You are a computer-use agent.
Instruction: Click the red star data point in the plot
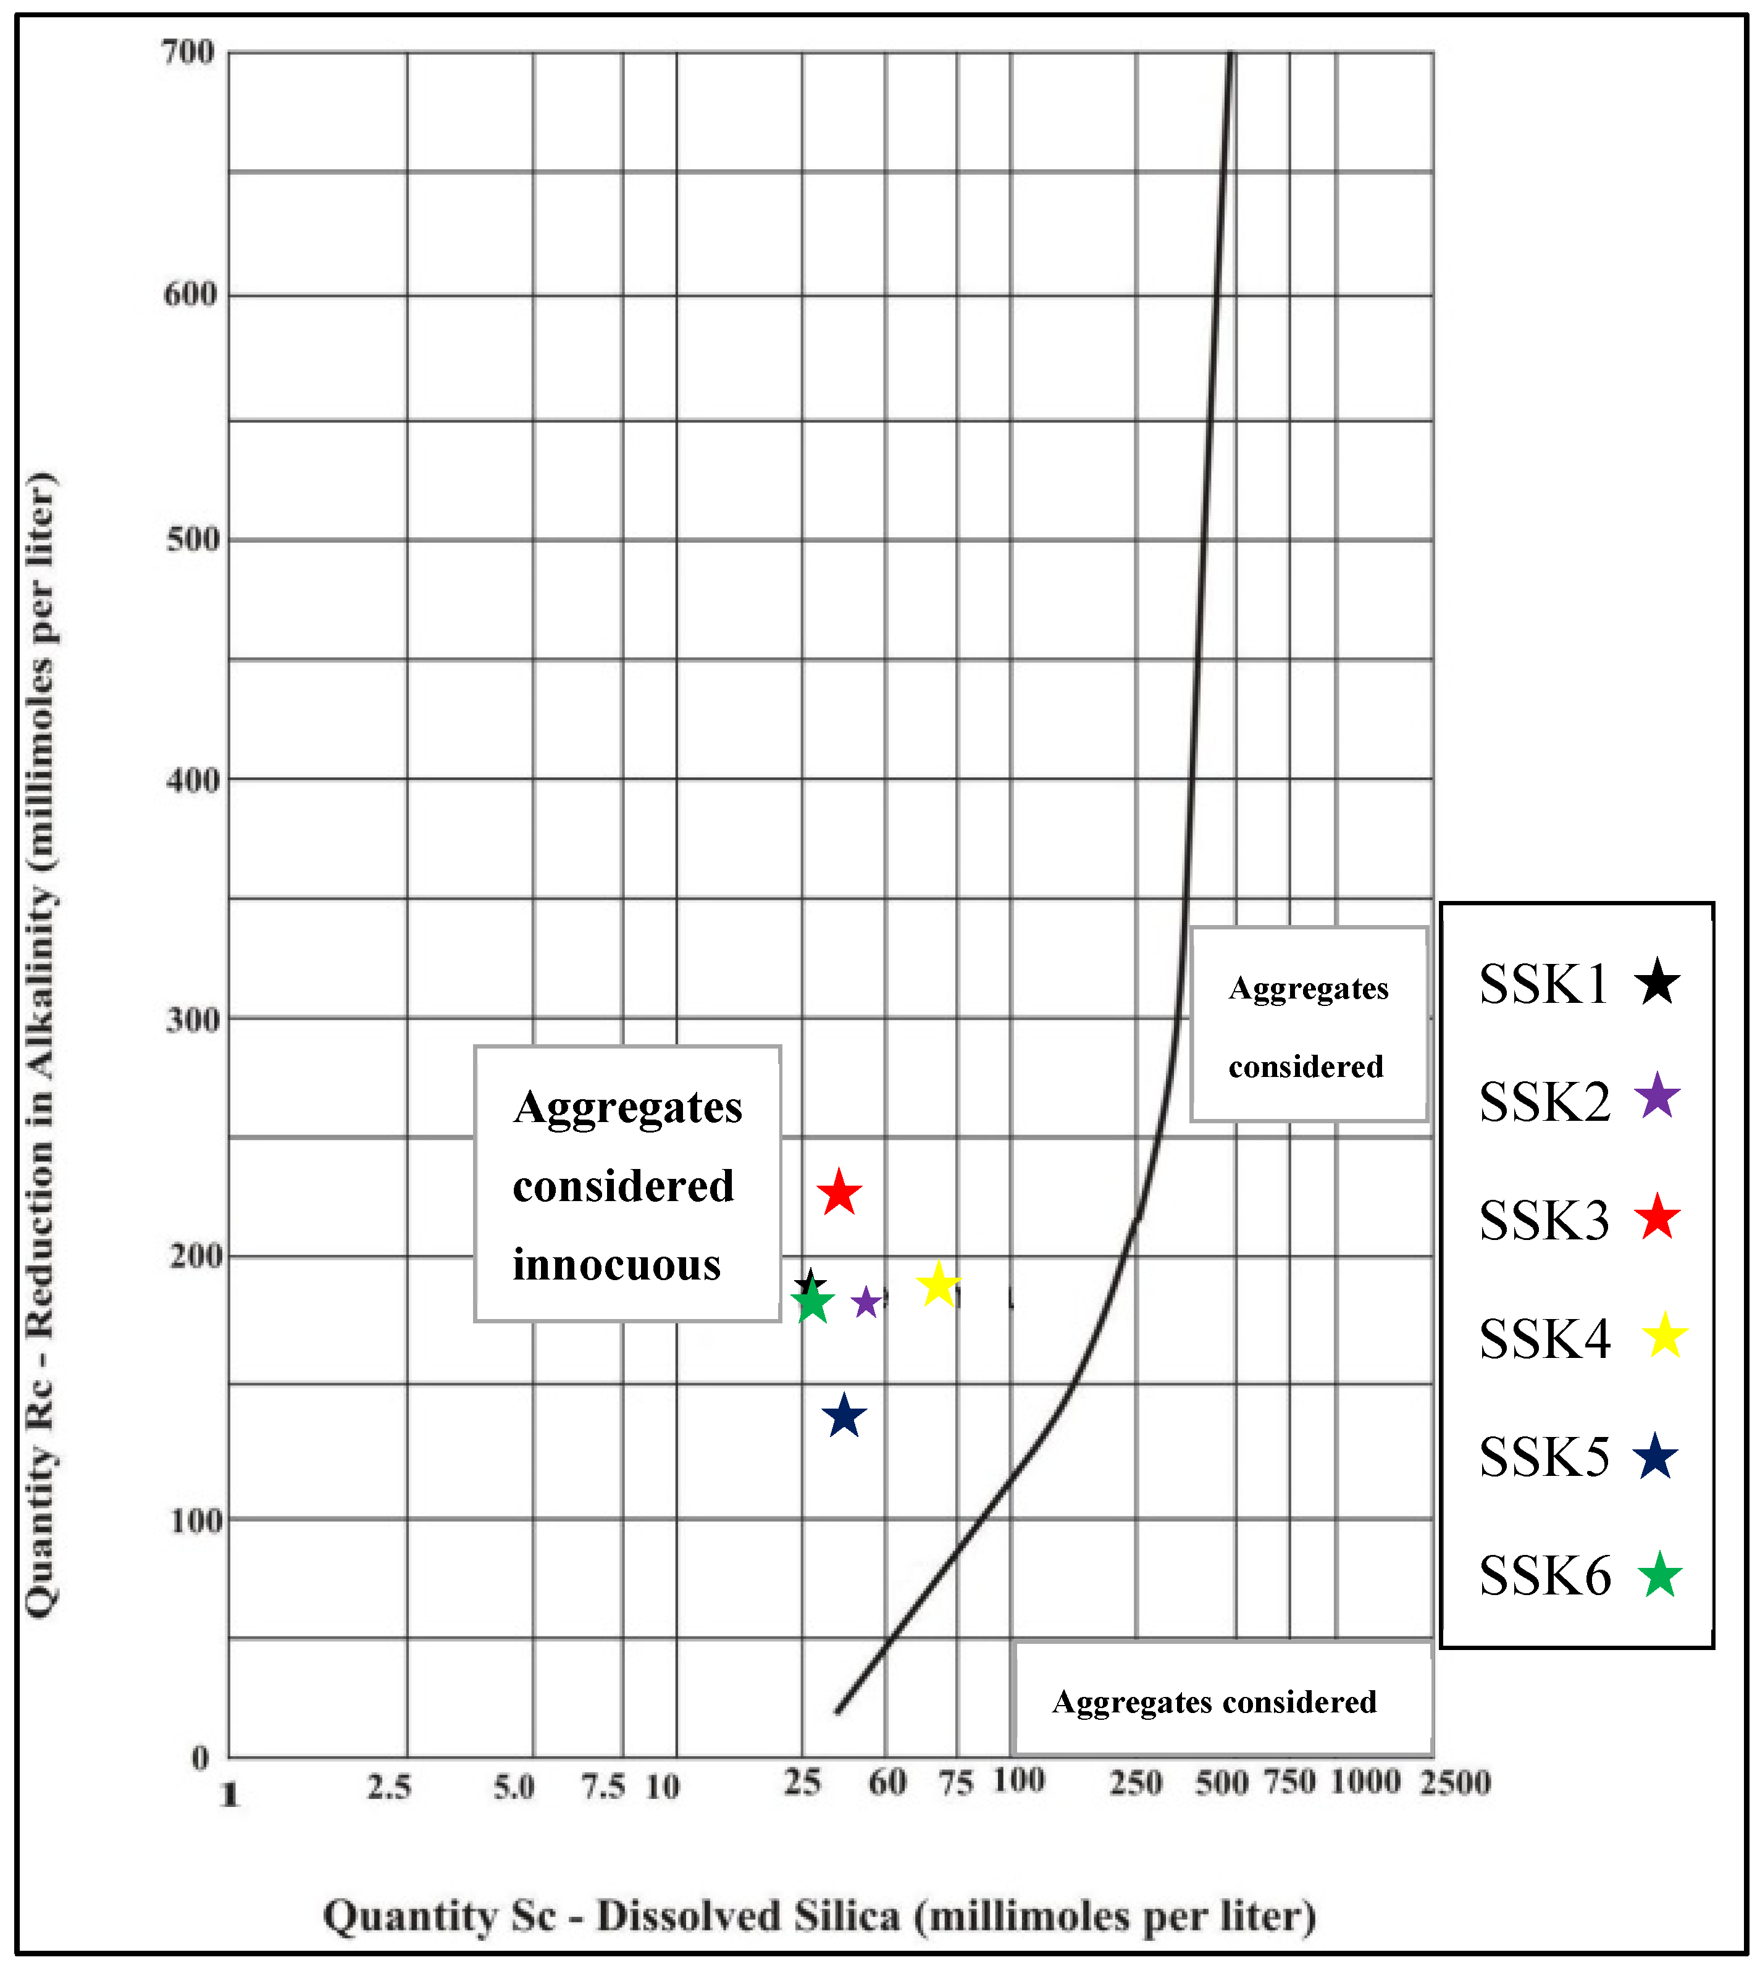(x=839, y=1194)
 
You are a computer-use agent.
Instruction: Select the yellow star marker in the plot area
(x=937, y=1285)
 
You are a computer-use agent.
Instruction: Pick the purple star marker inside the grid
(x=866, y=1303)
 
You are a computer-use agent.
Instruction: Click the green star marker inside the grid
(x=812, y=1302)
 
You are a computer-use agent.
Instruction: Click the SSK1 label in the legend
(x=1543, y=984)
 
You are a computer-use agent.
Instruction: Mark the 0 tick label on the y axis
(x=199, y=1757)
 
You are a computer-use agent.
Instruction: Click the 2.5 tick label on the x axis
(x=389, y=1787)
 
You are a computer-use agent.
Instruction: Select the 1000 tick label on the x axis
(x=1365, y=1782)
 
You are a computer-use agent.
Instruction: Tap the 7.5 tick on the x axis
(x=603, y=1787)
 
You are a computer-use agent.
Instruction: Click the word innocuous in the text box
(x=616, y=1265)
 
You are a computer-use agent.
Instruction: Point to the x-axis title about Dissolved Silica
(x=819, y=1917)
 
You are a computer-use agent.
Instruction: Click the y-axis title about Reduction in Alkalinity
(x=41, y=1044)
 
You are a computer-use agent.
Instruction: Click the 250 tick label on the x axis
(x=1135, y=1782)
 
